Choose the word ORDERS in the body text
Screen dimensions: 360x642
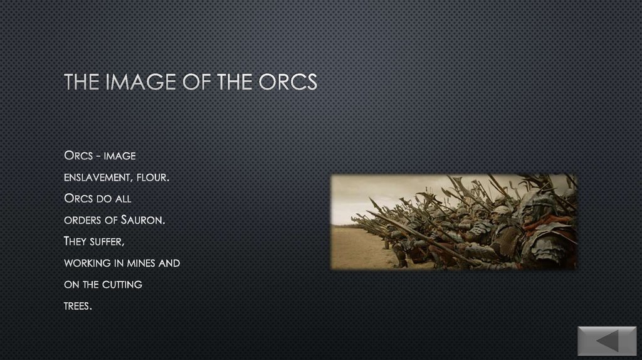coord(81,220)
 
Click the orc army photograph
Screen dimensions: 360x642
coord(453,222)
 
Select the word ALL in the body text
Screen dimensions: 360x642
coord(124,199)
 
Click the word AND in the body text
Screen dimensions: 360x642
coord(169,263)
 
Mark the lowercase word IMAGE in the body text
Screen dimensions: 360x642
coord(120,156)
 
